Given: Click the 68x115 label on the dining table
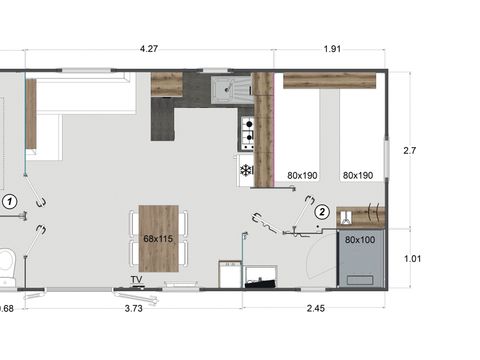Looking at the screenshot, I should pos(158,239).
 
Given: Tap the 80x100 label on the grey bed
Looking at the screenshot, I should pos(359,240).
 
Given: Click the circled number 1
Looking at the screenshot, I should pos(10,201).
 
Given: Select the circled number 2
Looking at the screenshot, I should pos(322,211).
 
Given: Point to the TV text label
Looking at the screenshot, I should pos(135,279).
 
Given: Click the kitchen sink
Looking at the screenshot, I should pos(229,89).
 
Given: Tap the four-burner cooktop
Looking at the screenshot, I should pos(246,130).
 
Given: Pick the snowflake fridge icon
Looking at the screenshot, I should pos(245,170).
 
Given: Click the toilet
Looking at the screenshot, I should pos(5,263).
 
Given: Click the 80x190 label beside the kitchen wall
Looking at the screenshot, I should pos(302,175).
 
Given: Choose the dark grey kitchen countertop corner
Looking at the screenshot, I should pos(163,119).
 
